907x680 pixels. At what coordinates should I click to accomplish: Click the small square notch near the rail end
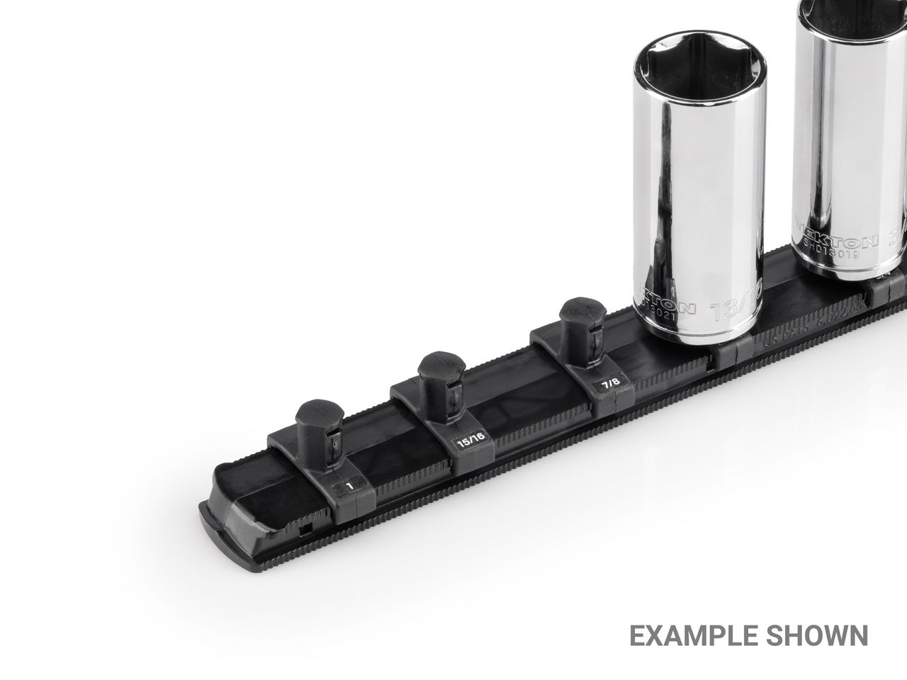[303, 528]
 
